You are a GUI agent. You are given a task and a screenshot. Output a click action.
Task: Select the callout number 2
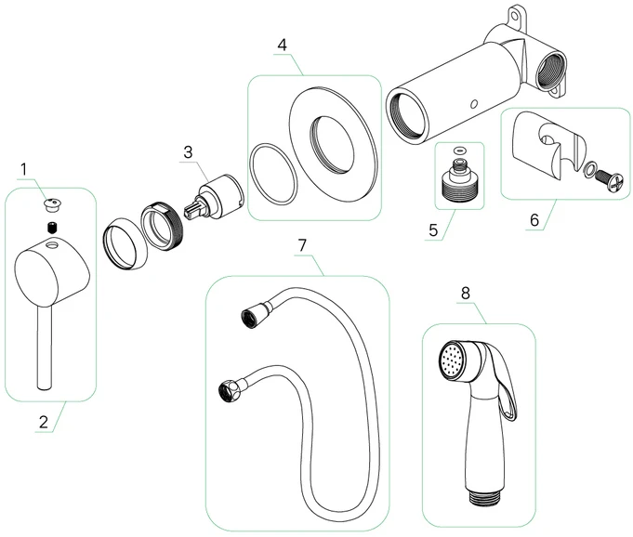coord(43,421)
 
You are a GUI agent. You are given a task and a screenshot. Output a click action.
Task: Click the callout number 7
coord(301,246)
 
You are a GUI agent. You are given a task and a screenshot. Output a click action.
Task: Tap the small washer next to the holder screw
coord(590,169)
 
